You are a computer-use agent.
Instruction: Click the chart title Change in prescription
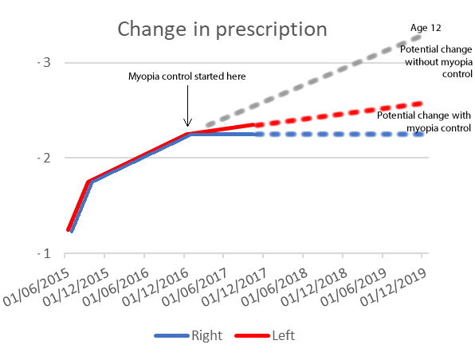click(222, 29)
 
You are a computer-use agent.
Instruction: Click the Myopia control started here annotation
click(187, 76)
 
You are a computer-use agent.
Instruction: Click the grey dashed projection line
click(319, 80)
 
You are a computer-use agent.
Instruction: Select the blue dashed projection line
click(343, 135)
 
